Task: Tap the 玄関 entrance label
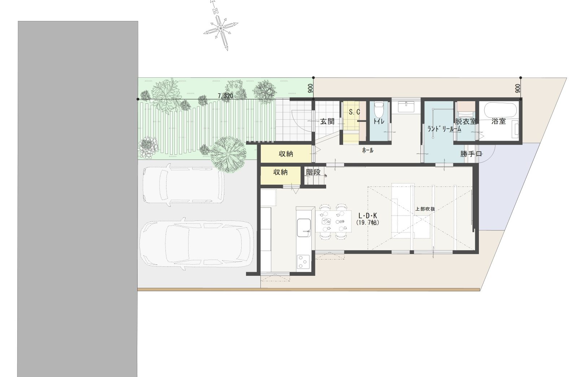tap(327, 121)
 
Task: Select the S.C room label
tap(354, 112)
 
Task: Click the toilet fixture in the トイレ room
tap(379, 110)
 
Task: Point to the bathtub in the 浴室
tap(500, 111)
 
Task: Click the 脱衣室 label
tap(466, 121)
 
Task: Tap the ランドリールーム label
tap(445, 128)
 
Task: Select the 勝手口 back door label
tap(471, 154)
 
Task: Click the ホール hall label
tap(368, 150)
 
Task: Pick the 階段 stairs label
tap(313, 172)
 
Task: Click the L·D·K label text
tap(368, 216)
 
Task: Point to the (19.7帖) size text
tap(368, 223)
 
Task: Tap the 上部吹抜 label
tap(425, 209)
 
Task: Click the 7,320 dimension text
tap(225, 96)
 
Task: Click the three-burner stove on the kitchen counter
tap(303, 262)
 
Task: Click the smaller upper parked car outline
tap(183, 185)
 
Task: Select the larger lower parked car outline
tap(196, 244)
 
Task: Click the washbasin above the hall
tap(406, 107)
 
